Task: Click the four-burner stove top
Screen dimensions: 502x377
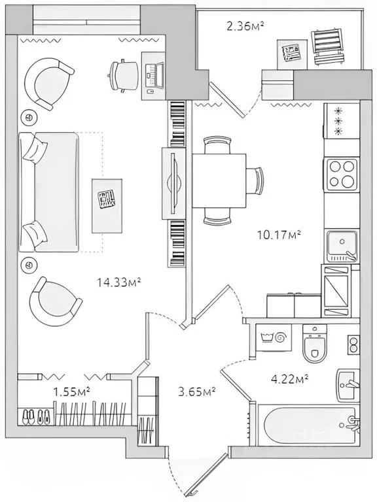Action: point(342,174)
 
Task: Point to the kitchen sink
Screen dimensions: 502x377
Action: point(341,246)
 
